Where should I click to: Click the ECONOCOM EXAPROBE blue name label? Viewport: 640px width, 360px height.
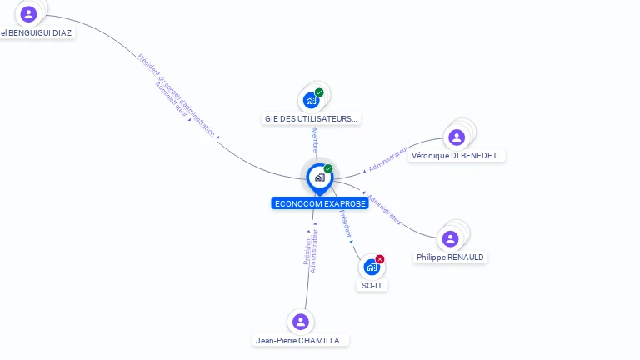[319, 203]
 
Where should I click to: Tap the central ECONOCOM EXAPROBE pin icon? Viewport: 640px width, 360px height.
[319, 177]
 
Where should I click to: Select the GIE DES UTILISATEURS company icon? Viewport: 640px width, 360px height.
[312, 100]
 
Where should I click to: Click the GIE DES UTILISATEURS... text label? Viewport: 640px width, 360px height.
[312, 118]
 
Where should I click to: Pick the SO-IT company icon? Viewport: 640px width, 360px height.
[372, 267]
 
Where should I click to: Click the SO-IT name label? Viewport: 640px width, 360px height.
[372, 286]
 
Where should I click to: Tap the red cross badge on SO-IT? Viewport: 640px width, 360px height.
[380, 259]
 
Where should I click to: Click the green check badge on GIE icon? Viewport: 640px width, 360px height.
[319, 92]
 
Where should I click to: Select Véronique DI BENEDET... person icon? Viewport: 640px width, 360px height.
[456, 137]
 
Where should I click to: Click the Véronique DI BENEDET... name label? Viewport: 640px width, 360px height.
[457, 156]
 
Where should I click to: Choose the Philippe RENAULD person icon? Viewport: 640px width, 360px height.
[451, 239]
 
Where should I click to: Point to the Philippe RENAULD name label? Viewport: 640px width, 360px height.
[451, 257]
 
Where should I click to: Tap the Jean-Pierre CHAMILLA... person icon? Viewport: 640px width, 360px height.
[301, 322]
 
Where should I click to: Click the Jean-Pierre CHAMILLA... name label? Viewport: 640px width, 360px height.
[301, 340]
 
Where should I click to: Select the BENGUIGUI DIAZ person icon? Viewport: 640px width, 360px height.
[28, 14]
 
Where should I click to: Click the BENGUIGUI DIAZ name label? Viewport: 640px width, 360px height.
[37, 33]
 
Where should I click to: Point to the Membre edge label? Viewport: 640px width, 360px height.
[315, 139]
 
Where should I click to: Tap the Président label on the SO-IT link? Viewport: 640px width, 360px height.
[345, 223]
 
